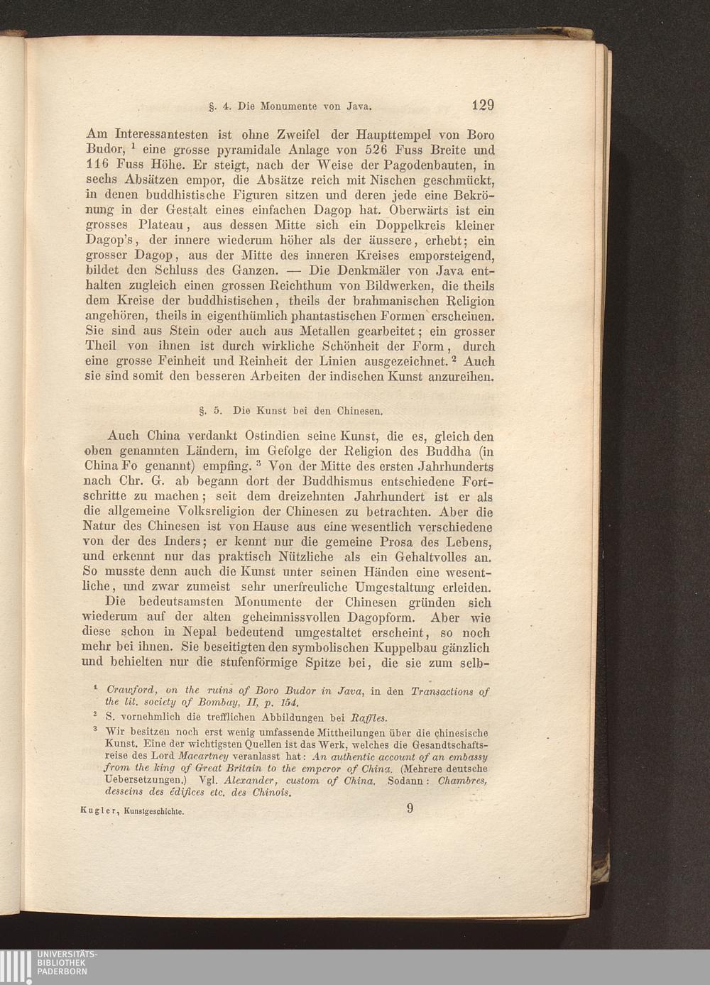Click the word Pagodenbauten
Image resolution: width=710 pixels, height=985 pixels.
coord(412,165)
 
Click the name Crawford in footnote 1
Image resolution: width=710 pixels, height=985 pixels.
coord(129,691)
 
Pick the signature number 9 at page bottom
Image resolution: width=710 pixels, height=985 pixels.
coord(410,808)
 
